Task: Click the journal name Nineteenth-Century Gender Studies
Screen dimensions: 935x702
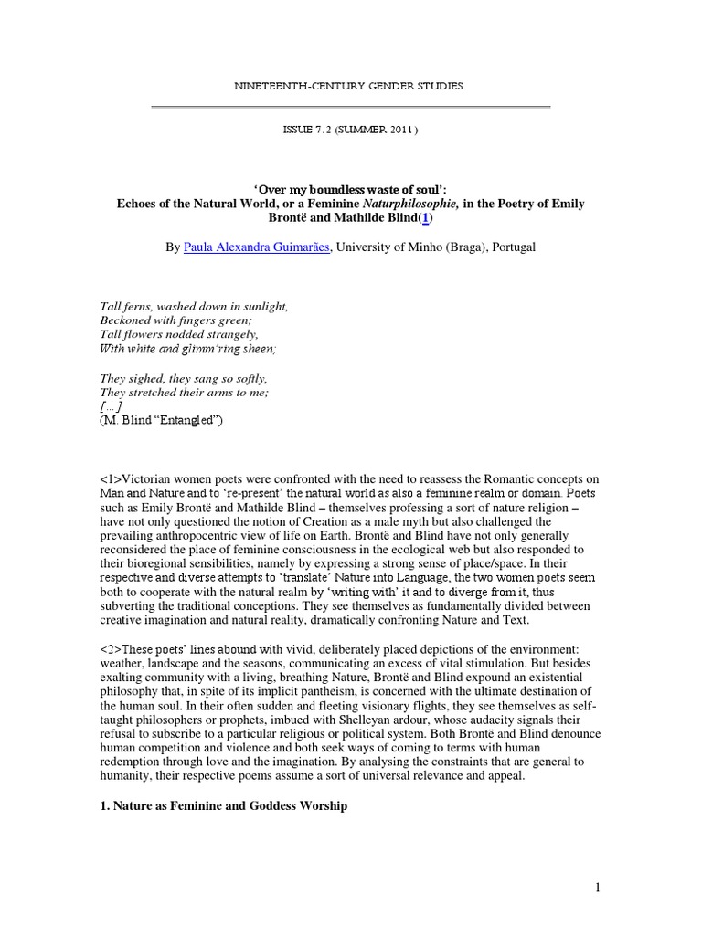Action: pos(350,86)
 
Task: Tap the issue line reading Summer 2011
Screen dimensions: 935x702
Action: pos(350,130)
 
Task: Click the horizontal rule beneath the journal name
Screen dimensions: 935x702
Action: pos(350,108)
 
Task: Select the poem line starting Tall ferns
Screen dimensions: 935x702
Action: pos(191,306)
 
